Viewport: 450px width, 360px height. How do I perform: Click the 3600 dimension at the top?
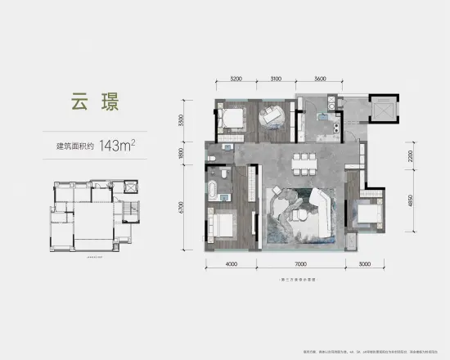pyautogui.click(x=320, y=79)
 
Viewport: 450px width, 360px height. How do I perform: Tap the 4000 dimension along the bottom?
pyautogui.click(x=232, y=265)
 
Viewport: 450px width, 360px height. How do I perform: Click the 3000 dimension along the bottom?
pyautogui.click(x=365, y=265)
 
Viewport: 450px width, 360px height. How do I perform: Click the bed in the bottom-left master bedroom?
pyautogui.click(x=226, y=223)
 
